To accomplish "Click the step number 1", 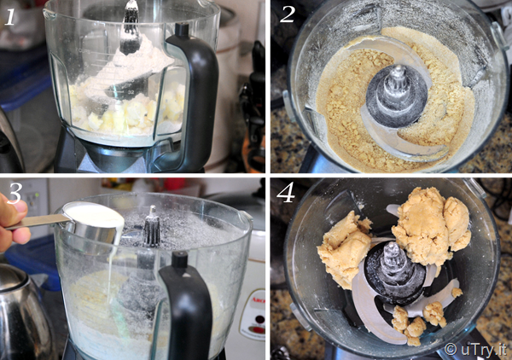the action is click(10, 17).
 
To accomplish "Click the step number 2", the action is click(287, 15).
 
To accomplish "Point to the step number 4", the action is click(286, 192).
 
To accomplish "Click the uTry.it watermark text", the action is click(476, 349).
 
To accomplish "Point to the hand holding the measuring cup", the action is click(13, 222).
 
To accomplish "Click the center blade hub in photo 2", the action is click(397, 95).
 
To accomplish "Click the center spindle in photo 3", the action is click(152, 226).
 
